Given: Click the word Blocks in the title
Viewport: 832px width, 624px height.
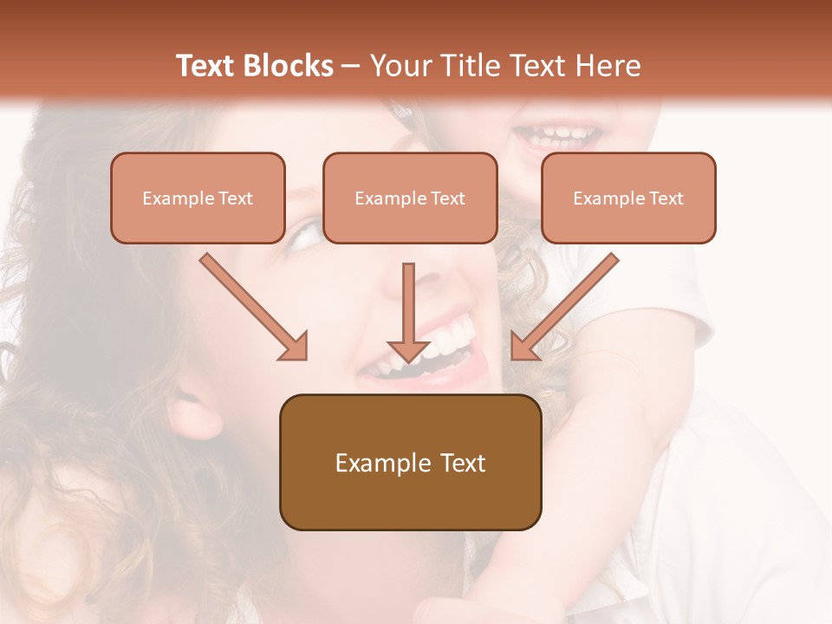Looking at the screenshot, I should pos(289,66).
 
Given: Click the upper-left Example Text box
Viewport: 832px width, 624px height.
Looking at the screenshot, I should pos(198,198).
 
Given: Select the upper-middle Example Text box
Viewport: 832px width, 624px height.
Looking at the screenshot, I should pos(410,198).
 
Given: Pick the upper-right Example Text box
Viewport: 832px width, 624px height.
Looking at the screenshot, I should pos(628,198).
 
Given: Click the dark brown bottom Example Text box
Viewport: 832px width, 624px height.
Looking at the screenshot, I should pos(410,462).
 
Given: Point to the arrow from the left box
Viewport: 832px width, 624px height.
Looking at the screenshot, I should pos(253,306).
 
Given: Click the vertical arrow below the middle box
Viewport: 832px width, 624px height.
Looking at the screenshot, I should pos(408,312).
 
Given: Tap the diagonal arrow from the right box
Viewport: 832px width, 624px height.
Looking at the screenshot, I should pos(564,306).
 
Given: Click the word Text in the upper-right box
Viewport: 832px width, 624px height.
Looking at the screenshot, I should pos(666,198).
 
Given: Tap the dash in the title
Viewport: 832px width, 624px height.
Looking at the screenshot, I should pos(351,67).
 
